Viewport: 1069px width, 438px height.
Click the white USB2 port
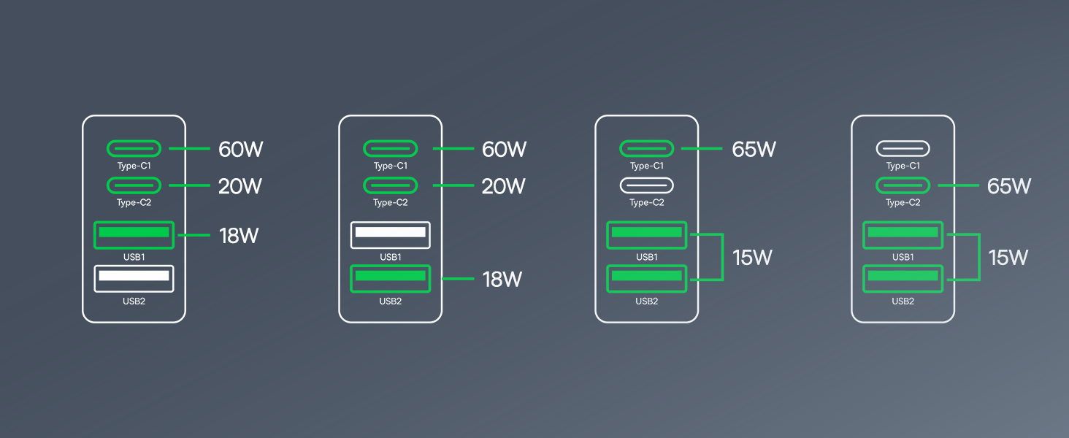coord(134,277)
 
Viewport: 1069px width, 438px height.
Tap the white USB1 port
coord(390,234)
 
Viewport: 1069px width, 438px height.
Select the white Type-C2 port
coord(646,185)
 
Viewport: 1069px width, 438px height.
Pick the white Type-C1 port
coord(903,149)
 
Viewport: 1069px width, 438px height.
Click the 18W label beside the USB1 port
coord(240,236)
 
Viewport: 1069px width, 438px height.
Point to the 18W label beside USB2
coord(502,279)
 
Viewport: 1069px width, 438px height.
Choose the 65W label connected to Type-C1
coord(754,150)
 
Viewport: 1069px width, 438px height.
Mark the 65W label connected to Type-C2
coord(1008,186)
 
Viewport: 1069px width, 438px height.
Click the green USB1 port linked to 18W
coord(134,234)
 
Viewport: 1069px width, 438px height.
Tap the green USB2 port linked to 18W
coord(390,277)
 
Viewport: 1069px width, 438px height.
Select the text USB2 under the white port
coord(134,301)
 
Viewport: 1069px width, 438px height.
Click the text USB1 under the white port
coord(390,257)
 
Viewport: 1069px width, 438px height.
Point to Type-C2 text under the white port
coord(646,203)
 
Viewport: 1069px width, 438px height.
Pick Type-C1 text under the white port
coord(903,166)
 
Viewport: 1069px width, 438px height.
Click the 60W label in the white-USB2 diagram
coord(240,150)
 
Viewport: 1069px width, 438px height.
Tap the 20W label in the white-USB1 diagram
coord(503,186)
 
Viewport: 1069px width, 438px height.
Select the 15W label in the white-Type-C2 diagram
coord(752,258)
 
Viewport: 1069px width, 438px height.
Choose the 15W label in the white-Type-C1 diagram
coord(1008,258)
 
